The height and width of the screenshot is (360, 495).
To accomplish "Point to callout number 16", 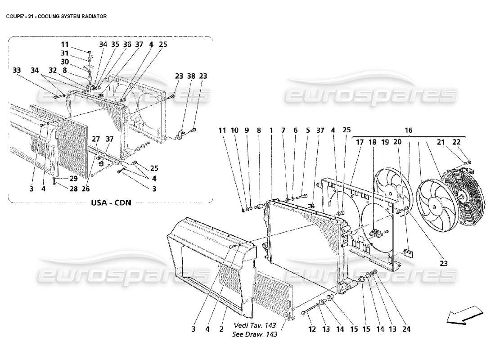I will (409, 130).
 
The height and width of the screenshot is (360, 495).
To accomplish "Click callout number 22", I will (456, 142).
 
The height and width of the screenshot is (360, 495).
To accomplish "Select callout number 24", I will (407, 329).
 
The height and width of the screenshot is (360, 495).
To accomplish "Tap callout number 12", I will (312, 329).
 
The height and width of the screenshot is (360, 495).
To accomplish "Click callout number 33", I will (17, 70).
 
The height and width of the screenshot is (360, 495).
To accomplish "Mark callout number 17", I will (360, 142).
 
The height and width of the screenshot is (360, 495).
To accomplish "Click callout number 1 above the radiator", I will (271, 130).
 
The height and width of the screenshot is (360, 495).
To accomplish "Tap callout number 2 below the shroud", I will (221, 329).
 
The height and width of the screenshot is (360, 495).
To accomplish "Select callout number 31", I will (65, 53).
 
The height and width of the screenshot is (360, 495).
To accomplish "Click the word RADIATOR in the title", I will (92, 16).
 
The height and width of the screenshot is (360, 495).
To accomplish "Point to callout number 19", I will (385, 142).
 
